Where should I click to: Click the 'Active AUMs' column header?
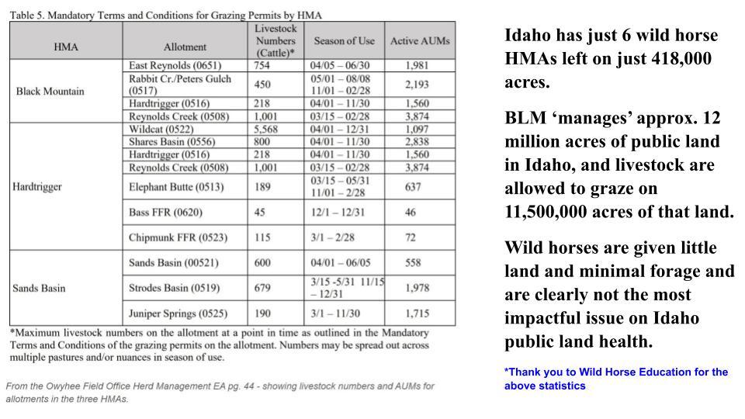tap(420, 40)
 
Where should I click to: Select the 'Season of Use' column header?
tap(345, 40)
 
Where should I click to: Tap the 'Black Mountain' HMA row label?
tap(50, 91)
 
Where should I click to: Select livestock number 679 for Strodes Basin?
tap(262, 288)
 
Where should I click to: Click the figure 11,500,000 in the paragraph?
tap(553, 211)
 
